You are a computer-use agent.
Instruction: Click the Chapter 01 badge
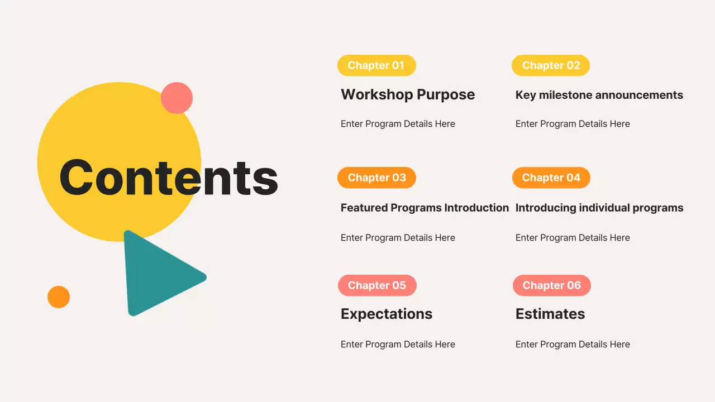point(376,65)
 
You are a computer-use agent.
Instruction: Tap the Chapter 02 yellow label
point(551,65)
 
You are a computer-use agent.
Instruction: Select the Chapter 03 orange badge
point(376,178)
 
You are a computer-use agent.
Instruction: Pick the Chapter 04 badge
point(551,178)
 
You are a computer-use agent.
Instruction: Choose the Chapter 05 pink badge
point(377,285)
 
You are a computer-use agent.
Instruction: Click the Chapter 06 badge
point(551,285)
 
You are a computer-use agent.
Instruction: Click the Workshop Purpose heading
point(408,95)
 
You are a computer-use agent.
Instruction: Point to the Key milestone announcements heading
point(599,95)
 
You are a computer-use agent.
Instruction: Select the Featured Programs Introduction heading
point(425,208)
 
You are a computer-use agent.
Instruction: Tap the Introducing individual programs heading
point(599,208)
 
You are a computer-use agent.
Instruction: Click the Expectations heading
point(387,314)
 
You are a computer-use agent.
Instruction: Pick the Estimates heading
point(550,314)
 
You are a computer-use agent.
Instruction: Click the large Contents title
point(169,178)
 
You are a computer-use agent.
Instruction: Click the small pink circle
point(177,98)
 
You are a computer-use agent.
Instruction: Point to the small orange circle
point(59,297)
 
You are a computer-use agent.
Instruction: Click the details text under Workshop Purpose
point(398,124)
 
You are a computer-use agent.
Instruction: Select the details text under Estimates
point(573,344)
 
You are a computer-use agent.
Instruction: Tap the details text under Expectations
point(398,344)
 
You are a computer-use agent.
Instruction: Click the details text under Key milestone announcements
point(573,124)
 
